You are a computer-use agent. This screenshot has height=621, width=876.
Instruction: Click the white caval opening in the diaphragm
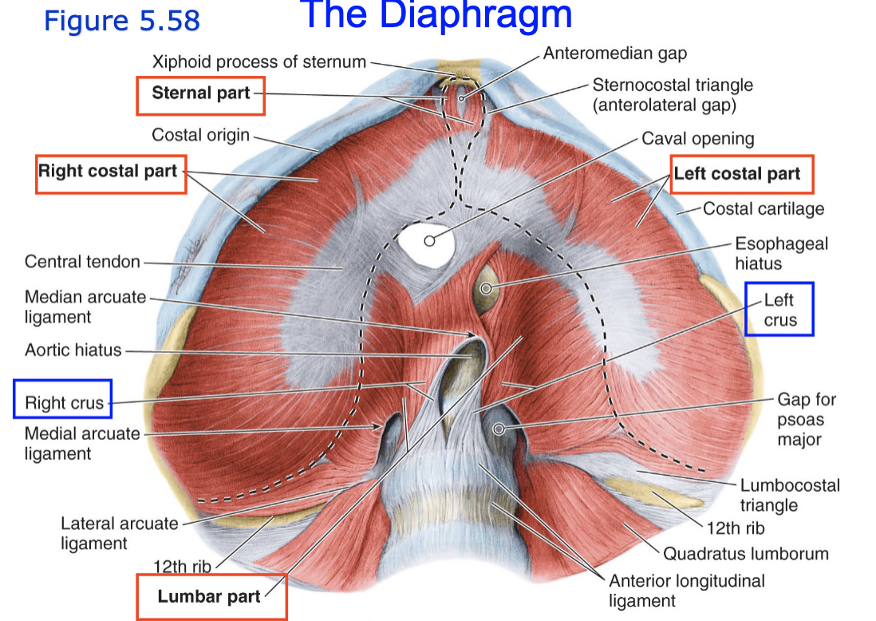(x=427, y=240)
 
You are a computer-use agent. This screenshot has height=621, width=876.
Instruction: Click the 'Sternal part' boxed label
(x=200, y=93)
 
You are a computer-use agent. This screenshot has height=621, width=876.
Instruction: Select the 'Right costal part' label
(x=109, y=172)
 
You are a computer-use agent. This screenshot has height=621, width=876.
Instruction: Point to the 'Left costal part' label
(x=737, y=175)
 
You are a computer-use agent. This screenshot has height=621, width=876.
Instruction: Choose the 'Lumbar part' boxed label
(x=209, y=596)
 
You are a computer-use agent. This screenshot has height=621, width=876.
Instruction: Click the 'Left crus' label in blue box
(x=779, y=310)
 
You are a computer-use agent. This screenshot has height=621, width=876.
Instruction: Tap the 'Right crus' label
(x=64, y=403)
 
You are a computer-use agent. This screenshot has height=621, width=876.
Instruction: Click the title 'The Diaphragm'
(x=438, y=15)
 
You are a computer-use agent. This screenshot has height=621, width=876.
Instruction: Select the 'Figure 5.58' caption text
(x=122, y=21)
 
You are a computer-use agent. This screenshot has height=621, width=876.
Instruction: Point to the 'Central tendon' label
(x=82, y=262)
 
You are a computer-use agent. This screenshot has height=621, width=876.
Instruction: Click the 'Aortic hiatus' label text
(x=73, y=350)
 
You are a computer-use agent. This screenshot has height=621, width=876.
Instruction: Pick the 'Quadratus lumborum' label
(x=746, y=553)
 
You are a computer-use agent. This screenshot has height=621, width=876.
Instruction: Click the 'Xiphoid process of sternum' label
(x=259, y=61)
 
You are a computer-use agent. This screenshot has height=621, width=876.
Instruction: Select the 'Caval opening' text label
(x=698, y=139)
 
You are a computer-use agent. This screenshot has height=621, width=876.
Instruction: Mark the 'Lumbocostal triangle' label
(x=790, y=495)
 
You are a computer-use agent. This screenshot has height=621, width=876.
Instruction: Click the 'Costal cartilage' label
(x=764, y=209)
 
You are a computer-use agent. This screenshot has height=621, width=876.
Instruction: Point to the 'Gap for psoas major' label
(x=807, y=419)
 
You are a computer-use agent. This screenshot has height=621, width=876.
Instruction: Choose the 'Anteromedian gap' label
(x=615, y=54)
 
